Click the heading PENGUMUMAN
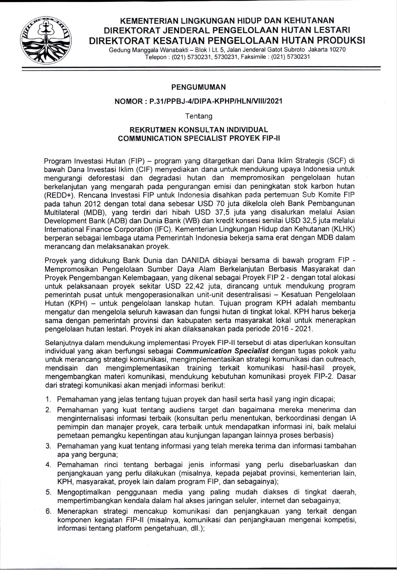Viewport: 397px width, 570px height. pos(198,87)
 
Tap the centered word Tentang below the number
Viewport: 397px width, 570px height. pos(198,116)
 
